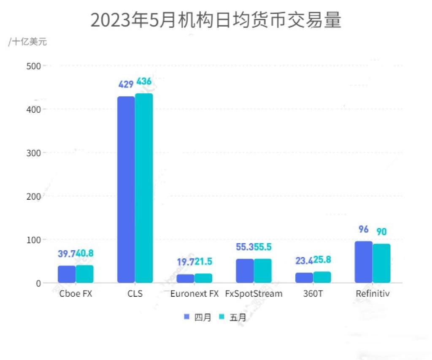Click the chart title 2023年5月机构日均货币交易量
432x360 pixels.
pyautogui.click(x=216, y=20)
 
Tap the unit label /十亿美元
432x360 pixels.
pyautogui.click(x=27, y=42)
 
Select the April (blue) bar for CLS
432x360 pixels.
pyautogui.click(x=126, y=189)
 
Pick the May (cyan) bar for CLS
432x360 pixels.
pyautogui.click(x=144, y=188)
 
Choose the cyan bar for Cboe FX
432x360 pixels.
pyautogui.click(x=84, y=274)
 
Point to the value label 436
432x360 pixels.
pyautogui.click(x=143, y=81)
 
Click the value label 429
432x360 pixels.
pyautogui.click(x=126, y=84)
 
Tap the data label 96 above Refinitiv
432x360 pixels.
pyautogui.click(x=363, y=229)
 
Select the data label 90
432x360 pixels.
pyautogui.click(x=381, y=232)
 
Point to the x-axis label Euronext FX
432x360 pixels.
pyautogui.click(x=194, y=294)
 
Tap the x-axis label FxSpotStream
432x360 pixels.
pyautogui.click(x=254, y=294)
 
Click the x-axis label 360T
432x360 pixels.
pyautogui.click(x=313, y=294)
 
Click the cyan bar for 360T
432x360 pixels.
pyautogui.click(x=322, y=277)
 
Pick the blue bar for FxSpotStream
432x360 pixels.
pyautogui.click(x=245, y=271)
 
